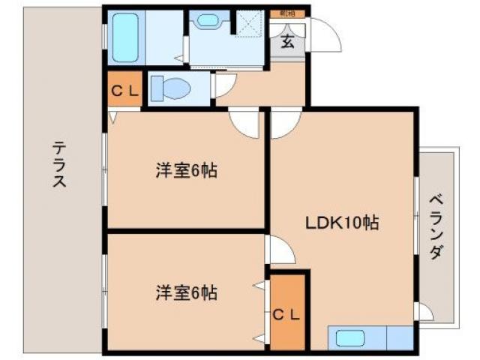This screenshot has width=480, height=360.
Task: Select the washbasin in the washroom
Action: tap(208, 21)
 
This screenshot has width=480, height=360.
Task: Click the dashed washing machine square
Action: tap(249, 23)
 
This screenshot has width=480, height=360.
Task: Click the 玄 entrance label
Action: tap(288, 42)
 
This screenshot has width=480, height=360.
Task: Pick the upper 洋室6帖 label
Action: tap(186, 171)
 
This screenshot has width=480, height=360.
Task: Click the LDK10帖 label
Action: tap(341, 222)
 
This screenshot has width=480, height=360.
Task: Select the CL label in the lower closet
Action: tap(287, 314)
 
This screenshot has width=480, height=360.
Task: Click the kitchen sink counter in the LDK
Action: tap(370, 338)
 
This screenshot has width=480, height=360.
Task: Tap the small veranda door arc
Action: tap(424, 312)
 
